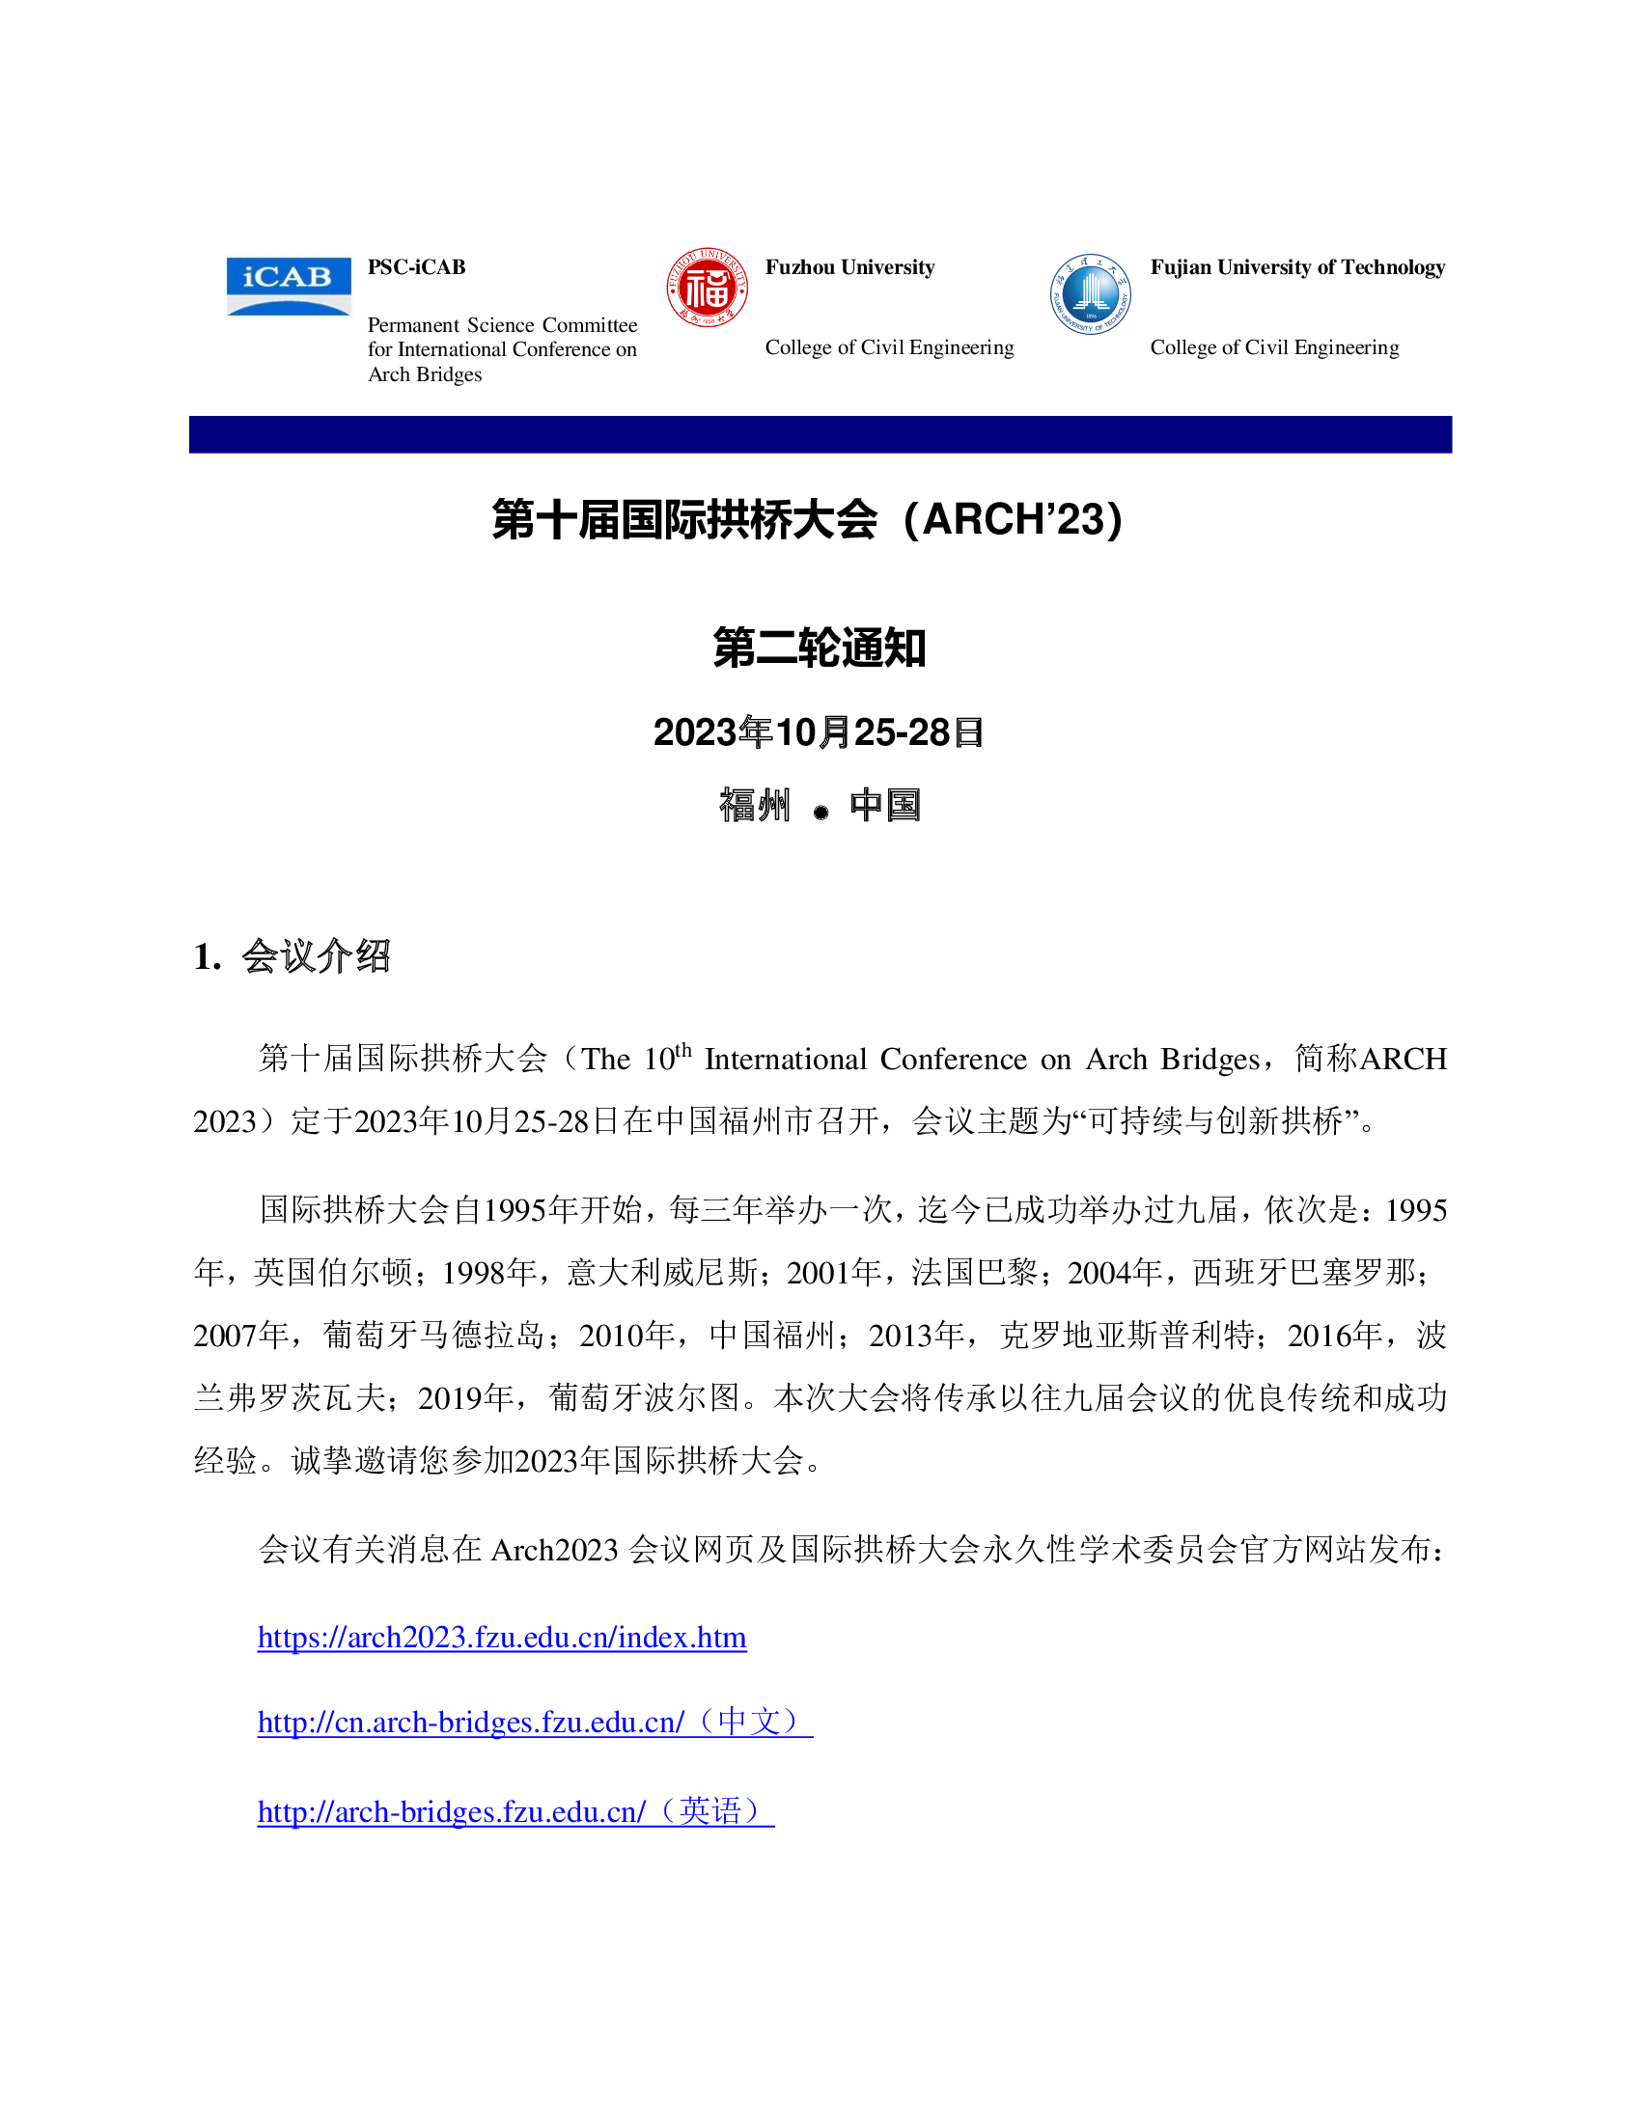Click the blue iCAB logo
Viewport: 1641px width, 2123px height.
(x=288, y=286)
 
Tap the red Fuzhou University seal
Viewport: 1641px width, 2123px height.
(x=707, y=288)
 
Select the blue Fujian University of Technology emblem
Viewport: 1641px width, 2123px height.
(x=1090, y=293)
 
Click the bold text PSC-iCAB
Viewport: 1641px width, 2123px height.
(x=416, y=267)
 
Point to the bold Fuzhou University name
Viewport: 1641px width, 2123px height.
(x=848, y=267)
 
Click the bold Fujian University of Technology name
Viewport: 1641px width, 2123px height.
(x=1296, y=267)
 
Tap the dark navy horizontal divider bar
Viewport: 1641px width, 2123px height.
(x=820, y=434)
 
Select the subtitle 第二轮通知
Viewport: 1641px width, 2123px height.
(x=820, y=648)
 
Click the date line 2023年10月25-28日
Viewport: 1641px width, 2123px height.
(x=819, y=733)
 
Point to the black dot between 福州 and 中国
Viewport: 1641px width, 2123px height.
(x=820, y=813)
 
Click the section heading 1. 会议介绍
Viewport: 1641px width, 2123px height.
(x=292, y=956)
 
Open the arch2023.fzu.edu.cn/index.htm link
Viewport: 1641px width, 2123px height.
(x=502, y=1638)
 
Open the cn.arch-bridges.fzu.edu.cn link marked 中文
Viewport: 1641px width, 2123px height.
(x=535, y=1723)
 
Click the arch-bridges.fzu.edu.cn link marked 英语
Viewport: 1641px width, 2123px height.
(x=515, y=1812)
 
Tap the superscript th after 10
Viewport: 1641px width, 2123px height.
(x=683, y=1050)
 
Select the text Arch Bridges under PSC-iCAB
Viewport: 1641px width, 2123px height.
(x=425, y=374)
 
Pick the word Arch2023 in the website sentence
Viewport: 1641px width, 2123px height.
(x=554, y=1550)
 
